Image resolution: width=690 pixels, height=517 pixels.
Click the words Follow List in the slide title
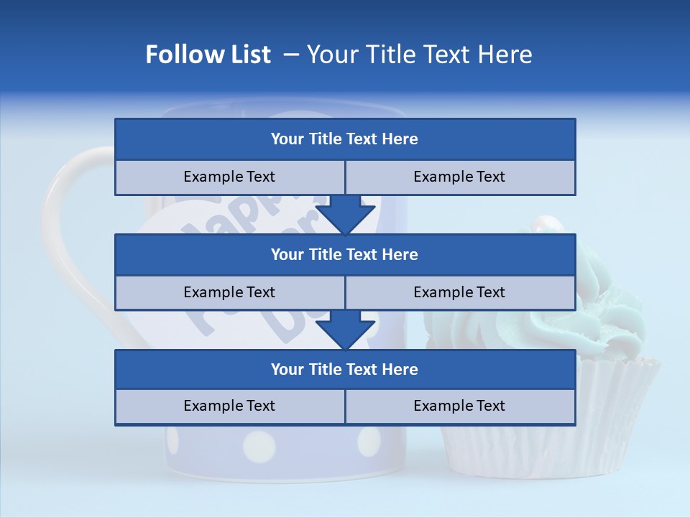pos(208,55)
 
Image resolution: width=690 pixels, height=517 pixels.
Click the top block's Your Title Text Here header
pos(344,139)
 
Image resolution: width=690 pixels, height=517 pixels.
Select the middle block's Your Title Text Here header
pos(344,254)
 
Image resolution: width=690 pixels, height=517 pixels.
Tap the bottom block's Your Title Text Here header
pos(344,369)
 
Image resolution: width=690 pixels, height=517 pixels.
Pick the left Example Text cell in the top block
pos(229,177)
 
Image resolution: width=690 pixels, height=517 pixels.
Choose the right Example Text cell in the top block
pos(459,177)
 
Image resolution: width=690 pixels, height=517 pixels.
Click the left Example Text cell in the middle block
pos(229,292)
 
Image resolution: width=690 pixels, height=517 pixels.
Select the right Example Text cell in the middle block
pos(459,292)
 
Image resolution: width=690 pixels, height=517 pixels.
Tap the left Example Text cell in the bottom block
pos(229,406)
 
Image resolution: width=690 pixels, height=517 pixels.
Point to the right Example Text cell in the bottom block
pos(459,406)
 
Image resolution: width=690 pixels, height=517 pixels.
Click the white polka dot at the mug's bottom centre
pos(259,446)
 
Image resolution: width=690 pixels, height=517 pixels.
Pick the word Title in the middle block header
pos(323,254)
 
